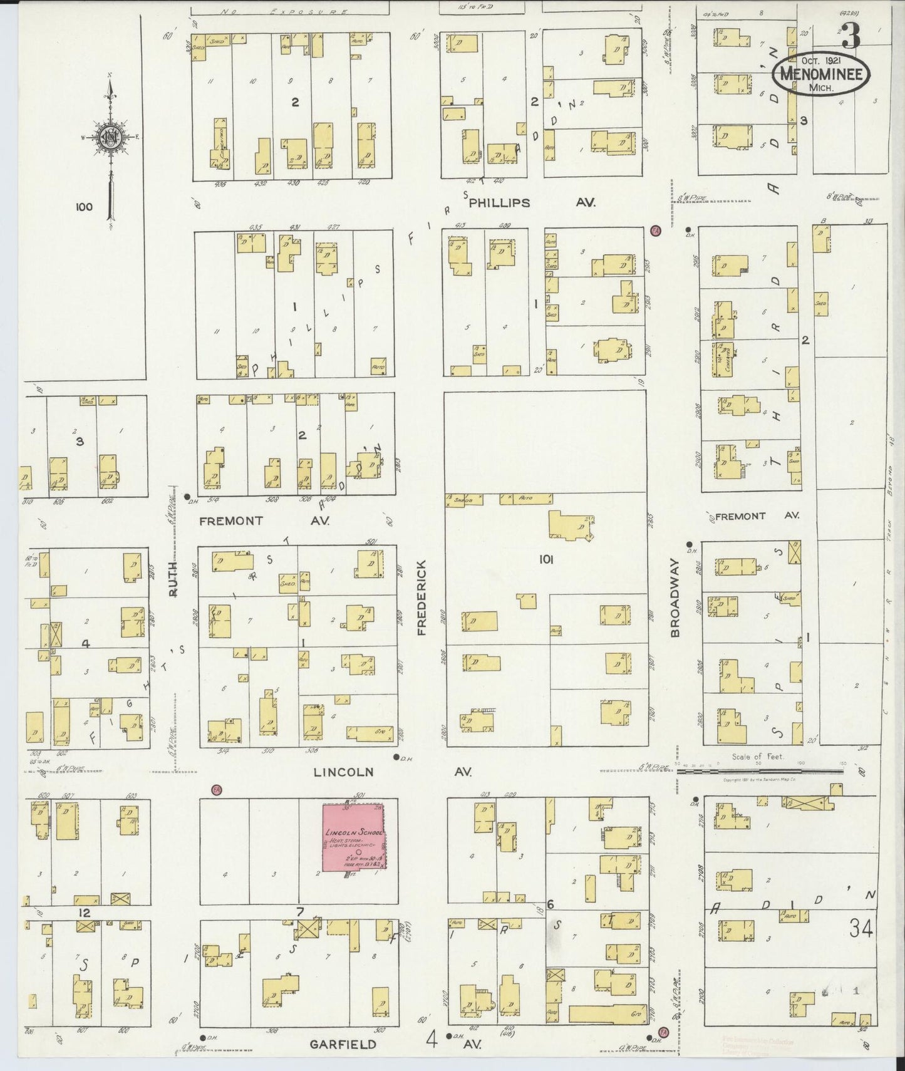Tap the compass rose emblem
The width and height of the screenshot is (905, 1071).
[x=110, y=138]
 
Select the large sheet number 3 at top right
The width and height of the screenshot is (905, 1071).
[x=851, y=36]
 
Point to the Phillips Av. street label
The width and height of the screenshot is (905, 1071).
[x=499, y=203]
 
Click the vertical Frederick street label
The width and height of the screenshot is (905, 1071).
[x=421, y=598]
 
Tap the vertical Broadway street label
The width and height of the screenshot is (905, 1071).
[x=675, y=598]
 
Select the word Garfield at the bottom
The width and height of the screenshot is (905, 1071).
[x=343, y=1044]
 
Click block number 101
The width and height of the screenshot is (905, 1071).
[x=546, y=560]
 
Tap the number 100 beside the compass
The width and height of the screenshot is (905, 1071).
[x=83, y=207]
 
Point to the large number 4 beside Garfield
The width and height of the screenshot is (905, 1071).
[x=432, y=1040]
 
